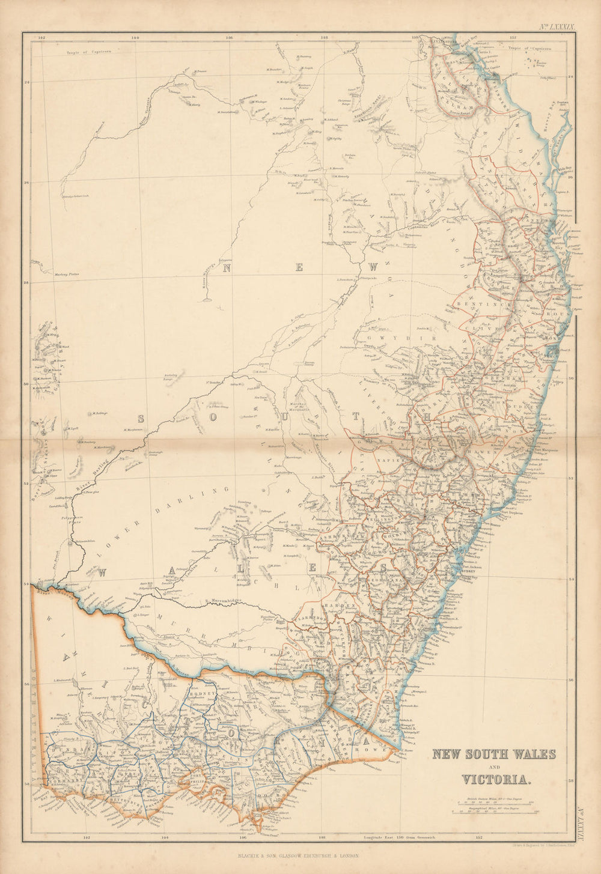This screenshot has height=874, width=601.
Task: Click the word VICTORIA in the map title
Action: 496,780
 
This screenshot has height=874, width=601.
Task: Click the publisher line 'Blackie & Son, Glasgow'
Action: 298,855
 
